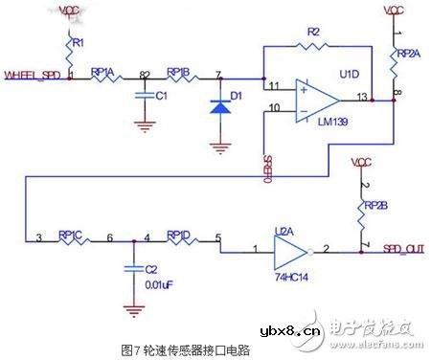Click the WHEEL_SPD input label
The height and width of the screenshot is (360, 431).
[33, 73]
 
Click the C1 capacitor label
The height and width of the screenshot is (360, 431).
[161, 97]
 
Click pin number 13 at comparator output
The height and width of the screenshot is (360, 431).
[359, 97]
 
